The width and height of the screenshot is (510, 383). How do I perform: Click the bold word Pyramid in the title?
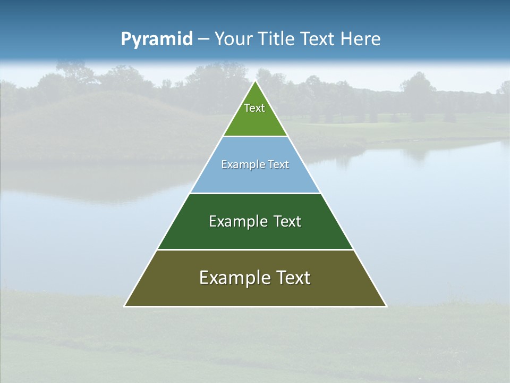click(x=157, y=39)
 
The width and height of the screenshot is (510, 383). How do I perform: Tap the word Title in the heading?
click(x=277, y=39)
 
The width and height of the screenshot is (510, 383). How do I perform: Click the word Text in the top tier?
click(x=254, y=108)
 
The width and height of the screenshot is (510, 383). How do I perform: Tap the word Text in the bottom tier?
click(x=291, y=278)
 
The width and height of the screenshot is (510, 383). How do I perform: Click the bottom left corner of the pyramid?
click(x=125, y=306)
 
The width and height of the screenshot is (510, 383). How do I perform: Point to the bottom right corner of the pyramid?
click(x=386, y=306)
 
